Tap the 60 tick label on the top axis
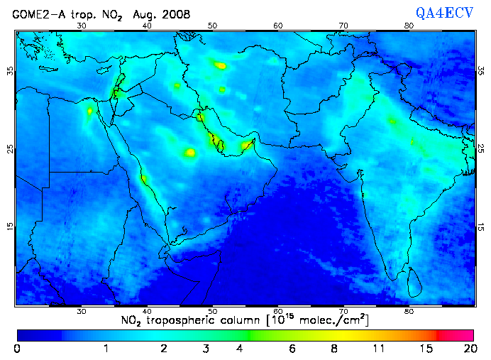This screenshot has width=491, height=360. [278, 26]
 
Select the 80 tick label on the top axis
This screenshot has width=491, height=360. [409, 26]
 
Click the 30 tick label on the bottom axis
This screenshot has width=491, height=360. [82, 311]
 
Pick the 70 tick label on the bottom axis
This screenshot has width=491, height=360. [343, 311]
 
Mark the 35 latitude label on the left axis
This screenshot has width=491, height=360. [9, 71]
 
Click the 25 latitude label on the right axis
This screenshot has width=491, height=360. [481, 148]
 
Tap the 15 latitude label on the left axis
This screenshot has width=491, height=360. [9, 226]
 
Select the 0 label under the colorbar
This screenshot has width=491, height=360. [17, 348]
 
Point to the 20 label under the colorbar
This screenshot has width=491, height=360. [468, 348]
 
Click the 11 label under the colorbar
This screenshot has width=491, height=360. [380, 348]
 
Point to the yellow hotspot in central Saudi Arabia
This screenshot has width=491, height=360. [189, 152]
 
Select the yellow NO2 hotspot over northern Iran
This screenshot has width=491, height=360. [221, 65]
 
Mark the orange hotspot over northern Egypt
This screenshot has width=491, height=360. [90, 111]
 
